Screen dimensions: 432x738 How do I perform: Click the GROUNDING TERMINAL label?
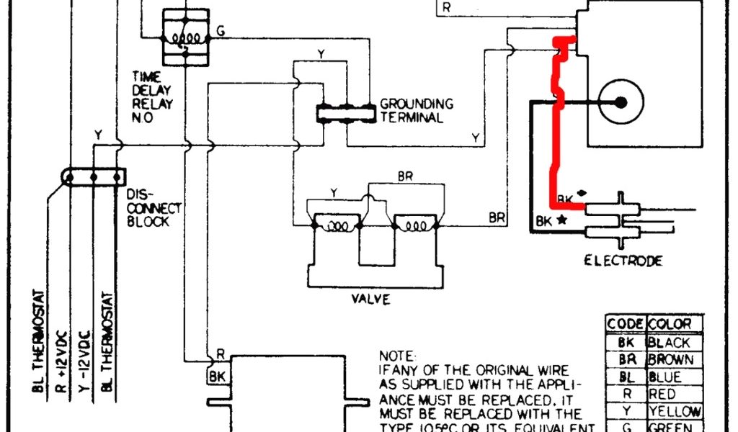click(417, 110)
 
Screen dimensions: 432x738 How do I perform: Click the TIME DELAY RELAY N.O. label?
click(151, 96)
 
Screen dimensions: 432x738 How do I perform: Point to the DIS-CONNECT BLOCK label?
click(154, 208)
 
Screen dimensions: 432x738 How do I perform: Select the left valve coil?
click(336, 225)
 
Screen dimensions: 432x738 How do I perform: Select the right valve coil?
click(417, 225)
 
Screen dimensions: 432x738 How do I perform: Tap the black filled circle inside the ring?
click(621, 103)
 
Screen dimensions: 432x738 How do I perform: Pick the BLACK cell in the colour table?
click(670, 343)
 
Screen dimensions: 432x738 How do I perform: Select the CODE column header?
click(625, 325)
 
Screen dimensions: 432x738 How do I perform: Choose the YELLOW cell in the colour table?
click(675, 412)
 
